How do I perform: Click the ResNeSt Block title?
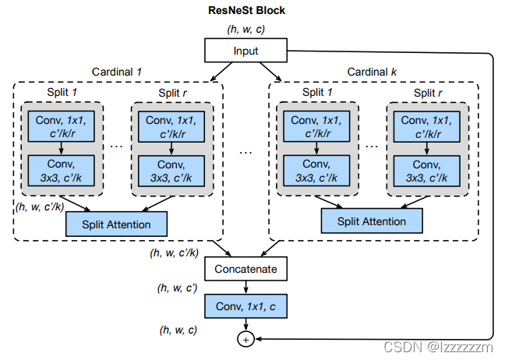click(x=246, y=10)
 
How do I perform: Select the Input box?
click(x=245, y=50)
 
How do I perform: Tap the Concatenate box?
click(x=245, y=269)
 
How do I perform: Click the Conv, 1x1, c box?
click(x=245, y=306)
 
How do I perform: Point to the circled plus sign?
click(x=245, y=340)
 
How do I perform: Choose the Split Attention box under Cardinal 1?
click(x=116, y=224)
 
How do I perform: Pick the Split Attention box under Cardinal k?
click(x=372, y=221)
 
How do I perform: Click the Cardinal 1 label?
click(x=117, y=72)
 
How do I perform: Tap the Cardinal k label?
click(x=372, y=72)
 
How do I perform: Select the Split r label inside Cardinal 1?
click(x=172, y=93)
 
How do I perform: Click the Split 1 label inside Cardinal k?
click(x=317, y=93)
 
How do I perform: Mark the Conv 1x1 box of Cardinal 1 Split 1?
click(x=62, y=126)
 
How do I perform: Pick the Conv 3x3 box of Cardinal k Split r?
click(x=427, y=171)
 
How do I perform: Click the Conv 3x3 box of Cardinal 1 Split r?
click(x=171, y=171)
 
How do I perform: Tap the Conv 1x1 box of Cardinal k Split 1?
click(x=316, y=126)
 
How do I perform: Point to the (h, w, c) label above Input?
click(x=245, y=29)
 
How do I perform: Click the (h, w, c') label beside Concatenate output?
click(x=177, y=288)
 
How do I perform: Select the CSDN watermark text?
click(x=438, y=347)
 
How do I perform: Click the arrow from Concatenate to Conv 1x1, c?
click(x=245, y=288)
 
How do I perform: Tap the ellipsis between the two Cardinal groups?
click(x=245, y=152)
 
